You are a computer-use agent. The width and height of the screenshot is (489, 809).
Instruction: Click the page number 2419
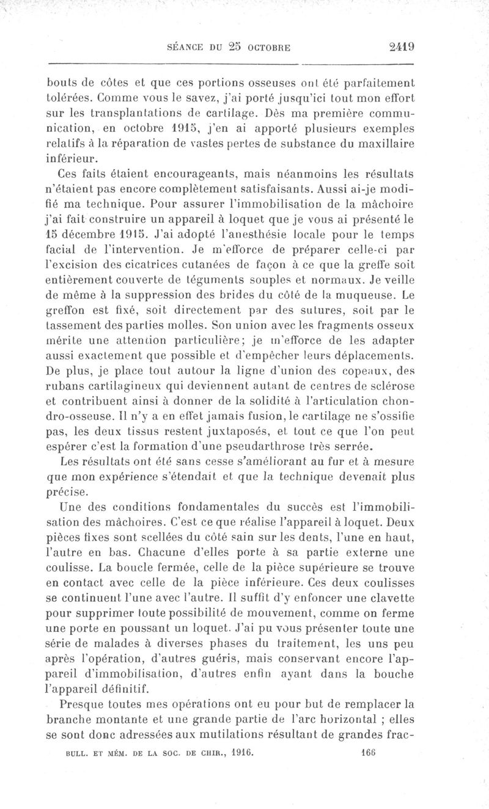point(400,47)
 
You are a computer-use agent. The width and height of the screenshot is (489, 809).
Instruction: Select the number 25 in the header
point(237,47)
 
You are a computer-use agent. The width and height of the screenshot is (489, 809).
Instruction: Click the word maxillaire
point(383,144)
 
